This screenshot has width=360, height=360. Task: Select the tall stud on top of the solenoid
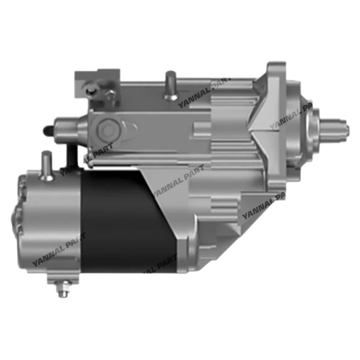click(171, 85)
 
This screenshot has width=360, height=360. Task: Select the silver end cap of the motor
click(54, 223)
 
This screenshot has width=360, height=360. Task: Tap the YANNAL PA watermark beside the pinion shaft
click(292, 115)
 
